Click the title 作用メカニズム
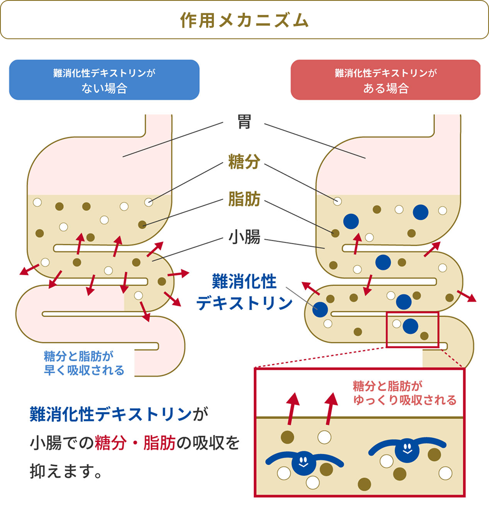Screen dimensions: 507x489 244,20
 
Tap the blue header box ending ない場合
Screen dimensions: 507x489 104,80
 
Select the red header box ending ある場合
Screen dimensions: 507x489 385,80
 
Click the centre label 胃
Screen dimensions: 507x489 244,122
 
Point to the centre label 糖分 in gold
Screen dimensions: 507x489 244,162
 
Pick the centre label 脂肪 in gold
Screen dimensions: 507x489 244,199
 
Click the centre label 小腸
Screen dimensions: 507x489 244,236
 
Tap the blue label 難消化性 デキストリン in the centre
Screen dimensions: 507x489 244,292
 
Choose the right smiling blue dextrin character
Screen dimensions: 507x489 407,449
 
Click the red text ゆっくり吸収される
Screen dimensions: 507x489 405,400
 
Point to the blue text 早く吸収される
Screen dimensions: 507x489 84,370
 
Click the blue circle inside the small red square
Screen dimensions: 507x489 411,326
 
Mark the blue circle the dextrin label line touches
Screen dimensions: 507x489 320,309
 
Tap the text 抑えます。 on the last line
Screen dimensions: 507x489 66,471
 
